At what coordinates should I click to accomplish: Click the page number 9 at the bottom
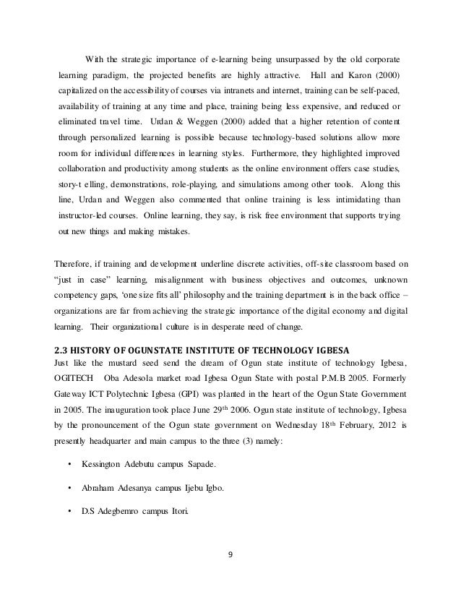(x=231, y=556)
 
